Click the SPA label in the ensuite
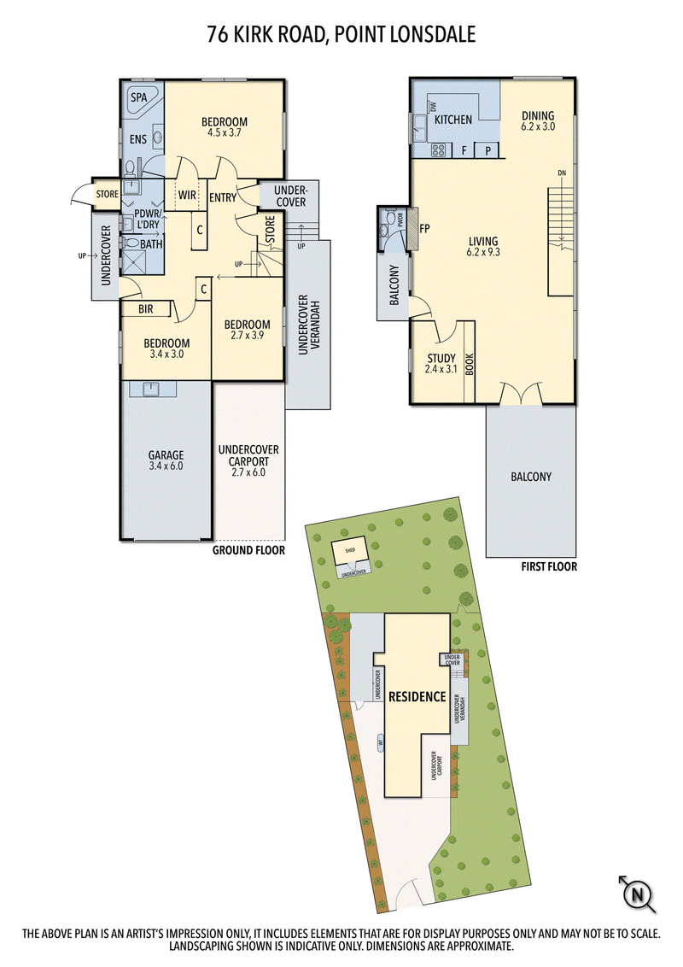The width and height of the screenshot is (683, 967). click(x=137, y=98)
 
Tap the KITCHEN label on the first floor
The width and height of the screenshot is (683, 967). click(x=452, y=120)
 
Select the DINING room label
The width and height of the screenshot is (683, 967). click(x=538, y=116)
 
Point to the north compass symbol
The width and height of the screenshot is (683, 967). click(x=636, y=895)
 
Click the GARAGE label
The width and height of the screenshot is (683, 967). click(x=166, y=455)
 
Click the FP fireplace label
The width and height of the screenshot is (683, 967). click(x=424, y=229)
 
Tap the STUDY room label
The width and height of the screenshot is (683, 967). click(x=441, y=359)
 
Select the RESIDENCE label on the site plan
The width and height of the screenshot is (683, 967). click(x=417, y=696)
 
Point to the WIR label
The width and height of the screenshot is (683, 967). click(x=188, y=195)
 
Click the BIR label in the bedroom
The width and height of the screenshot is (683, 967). click(x=146, y=310)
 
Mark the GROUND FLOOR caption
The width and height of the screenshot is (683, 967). click(x=248, y=551)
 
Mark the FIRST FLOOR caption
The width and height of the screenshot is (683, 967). click(x=548, y=566)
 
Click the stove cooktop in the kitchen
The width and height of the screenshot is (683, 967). click(x=438, y=150)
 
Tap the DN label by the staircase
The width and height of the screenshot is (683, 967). click(x=561, y=173)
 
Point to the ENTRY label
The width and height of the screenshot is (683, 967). click(x=223, y=198)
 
